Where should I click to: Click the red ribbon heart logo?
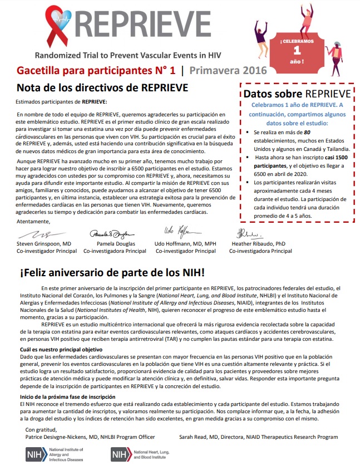[x=58, y=28]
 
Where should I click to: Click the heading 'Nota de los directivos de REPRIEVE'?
[x=102, y=88]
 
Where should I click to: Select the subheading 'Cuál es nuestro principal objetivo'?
[x=62, y=349]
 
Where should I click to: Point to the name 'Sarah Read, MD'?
[x=218, y=437]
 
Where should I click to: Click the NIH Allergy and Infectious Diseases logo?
[x=55, y=454]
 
